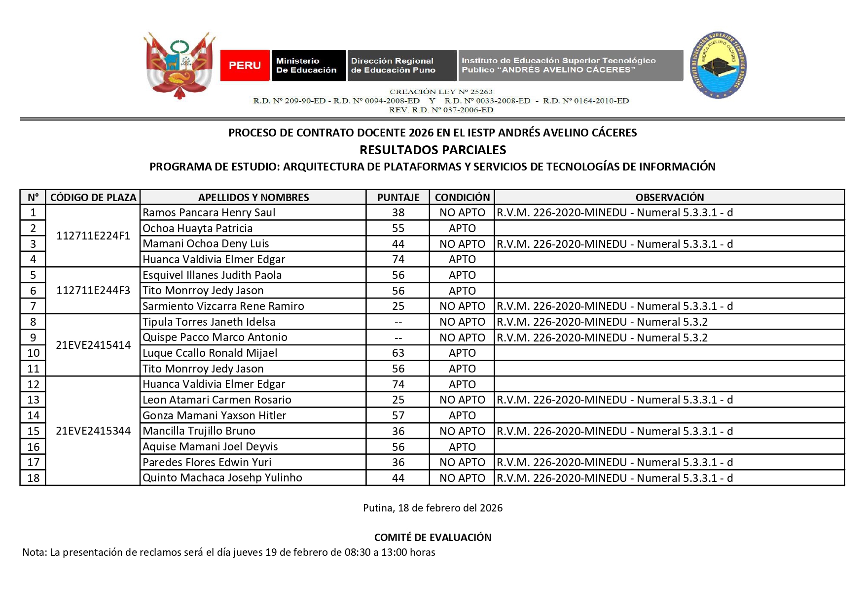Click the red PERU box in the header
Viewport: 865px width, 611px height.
point(245,65)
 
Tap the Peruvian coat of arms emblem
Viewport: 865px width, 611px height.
point(179,65)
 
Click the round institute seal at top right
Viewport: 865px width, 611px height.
point(718,65)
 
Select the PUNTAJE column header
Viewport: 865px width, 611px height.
point(398,197)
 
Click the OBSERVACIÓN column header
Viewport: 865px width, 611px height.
point(669,197)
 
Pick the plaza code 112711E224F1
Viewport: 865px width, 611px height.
point(93,236)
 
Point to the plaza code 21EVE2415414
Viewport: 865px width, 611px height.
point(93,345)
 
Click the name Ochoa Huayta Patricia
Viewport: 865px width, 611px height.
point(198,228)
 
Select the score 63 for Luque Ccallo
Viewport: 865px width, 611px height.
point(398,353)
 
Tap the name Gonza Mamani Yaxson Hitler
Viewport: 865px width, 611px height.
point(215,415)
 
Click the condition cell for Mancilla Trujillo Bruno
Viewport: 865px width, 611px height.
point(462,431)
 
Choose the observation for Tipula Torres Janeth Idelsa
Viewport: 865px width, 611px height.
point(602,322)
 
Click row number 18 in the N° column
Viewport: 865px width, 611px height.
point(33,478)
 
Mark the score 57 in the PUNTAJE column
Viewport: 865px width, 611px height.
point(398,415)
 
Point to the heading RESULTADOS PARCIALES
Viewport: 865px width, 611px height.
point(432,150)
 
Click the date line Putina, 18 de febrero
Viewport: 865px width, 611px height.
point(432,508)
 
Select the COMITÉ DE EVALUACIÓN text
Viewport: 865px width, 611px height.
point(432,537)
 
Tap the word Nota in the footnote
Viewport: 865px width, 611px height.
point(34,552)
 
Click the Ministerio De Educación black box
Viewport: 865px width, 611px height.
point(308,65)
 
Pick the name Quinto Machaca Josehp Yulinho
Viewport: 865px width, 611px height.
point(222,478)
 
